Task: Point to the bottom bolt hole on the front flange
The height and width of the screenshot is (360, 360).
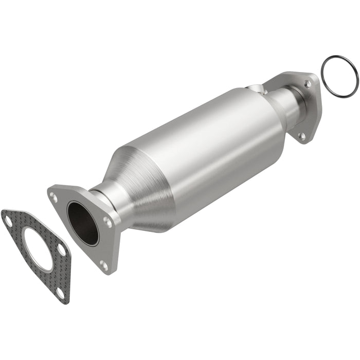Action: pos(103,265)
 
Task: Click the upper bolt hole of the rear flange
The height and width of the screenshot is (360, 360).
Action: pos(307,83)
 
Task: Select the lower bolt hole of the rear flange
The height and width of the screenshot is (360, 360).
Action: pos(302,136)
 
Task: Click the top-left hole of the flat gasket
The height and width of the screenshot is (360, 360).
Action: pos(8,222)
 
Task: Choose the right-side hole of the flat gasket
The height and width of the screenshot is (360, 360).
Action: pos(61,249)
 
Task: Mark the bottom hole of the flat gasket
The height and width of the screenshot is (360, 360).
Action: pos(60,294)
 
